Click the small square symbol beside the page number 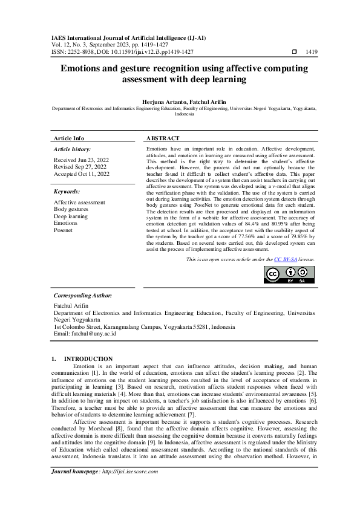294,53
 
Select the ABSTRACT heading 163,138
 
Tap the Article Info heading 69,138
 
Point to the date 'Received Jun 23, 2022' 81,160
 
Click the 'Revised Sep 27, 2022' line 80,167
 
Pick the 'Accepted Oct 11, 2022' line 82,174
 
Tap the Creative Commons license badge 289,274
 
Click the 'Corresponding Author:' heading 83,296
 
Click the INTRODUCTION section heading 88,359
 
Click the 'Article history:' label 73,149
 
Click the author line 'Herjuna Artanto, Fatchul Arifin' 180,102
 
